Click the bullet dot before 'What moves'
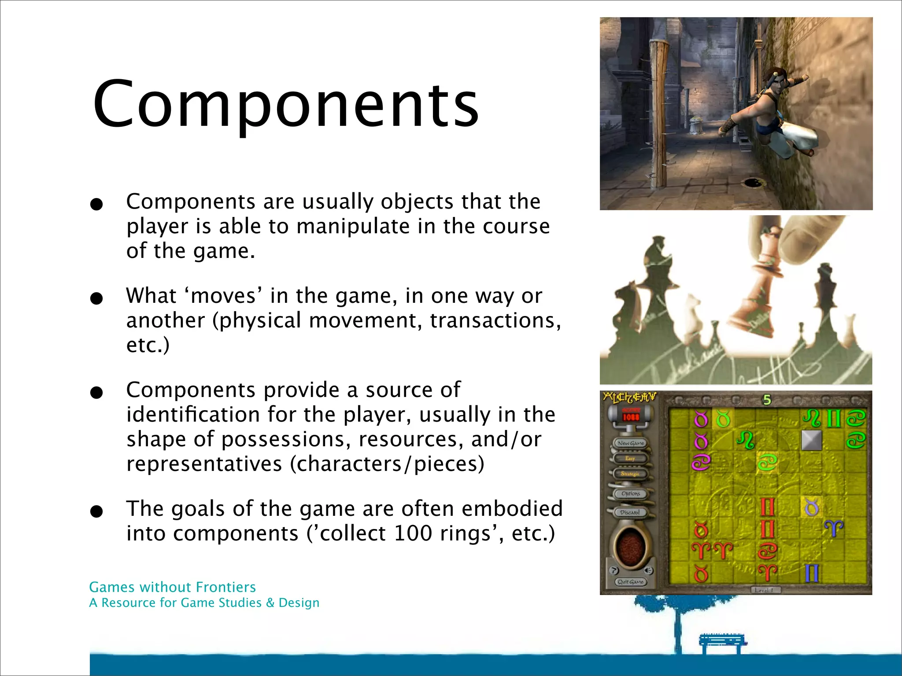click(x=96, y=299)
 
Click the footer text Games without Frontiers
click(x=172, y=587)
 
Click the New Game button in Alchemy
click(x=631, y=443)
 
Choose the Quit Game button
click(x=631, y=582)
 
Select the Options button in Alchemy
click(x=631, y=494)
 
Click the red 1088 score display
click(x=630, y=416)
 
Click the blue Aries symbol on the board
click(x=834, y=528)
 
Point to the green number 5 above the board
click(x=767, y=400)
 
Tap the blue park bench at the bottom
click(x=722, y=643)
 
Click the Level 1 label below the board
click(x=764, y=590)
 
